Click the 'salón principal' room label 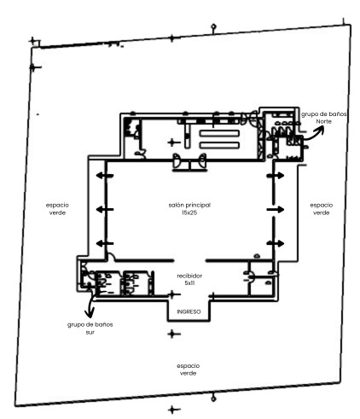(189, 205)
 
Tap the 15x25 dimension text (189, 212)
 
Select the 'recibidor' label (189, 276)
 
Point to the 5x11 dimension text (189, 283)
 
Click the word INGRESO (189, 311)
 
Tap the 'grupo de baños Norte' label (324, 118)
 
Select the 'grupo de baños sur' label (90, 329)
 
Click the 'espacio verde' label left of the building (57, 209)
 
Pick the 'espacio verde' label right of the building (322, 209)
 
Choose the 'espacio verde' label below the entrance (189, 370)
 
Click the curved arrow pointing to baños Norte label (314, 135)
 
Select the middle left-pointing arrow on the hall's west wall (105, 210)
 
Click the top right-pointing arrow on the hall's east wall (276, 176)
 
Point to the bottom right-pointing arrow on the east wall (276, 243)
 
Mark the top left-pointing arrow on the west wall (105, 176)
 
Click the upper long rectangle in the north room (219, 133)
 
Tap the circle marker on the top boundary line (213, 27)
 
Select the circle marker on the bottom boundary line (213, 399)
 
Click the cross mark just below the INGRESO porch (172, 334)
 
